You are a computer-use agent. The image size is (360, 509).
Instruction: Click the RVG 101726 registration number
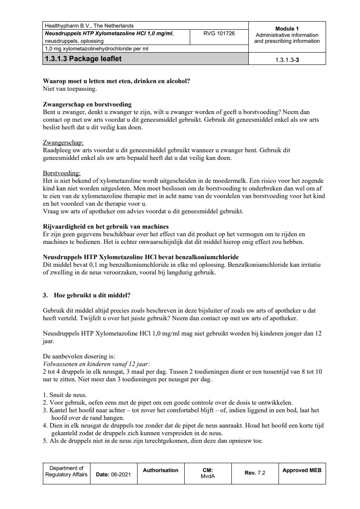point(219,33)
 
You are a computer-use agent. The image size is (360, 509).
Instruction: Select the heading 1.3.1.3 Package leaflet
point(83,59)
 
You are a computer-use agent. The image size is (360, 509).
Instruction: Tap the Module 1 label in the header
point(287,28)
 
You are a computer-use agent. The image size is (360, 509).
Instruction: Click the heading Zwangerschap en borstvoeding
point(87,104)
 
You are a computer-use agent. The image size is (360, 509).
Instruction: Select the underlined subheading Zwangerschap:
point(63,143)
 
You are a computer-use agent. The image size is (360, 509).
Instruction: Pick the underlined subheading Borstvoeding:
point(62,173)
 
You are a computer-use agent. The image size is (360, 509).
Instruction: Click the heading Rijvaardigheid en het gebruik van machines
point(106,227)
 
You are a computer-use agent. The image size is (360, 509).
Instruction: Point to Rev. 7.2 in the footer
point(255,473)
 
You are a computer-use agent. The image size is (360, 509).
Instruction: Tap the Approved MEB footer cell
point(302,470)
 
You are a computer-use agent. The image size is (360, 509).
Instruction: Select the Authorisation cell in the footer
point(160,470)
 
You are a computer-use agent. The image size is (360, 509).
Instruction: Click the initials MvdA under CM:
point(208,476)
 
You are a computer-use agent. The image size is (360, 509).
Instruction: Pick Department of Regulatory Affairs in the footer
point(66,471)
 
